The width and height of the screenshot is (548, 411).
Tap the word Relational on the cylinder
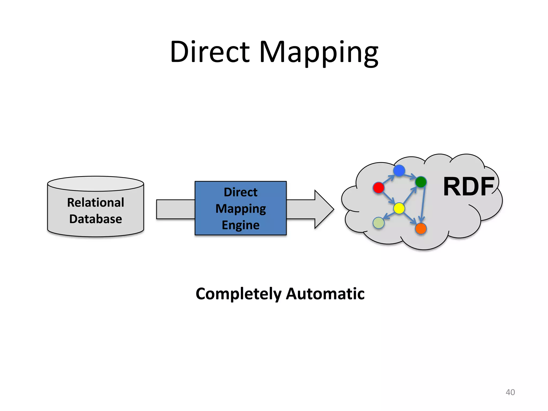96,203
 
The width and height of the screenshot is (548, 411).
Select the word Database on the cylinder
96,219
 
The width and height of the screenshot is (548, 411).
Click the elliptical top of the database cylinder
96,184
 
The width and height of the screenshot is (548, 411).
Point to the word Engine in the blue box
241,225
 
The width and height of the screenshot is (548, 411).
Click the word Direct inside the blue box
241,192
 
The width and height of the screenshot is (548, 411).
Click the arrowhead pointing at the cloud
324,209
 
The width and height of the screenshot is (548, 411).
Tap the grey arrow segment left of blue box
175,209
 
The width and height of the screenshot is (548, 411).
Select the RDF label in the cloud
469,187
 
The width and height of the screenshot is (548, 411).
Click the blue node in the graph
399,171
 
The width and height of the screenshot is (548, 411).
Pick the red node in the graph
378,188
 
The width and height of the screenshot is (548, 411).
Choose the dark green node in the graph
421,182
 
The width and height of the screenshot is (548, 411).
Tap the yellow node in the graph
399,208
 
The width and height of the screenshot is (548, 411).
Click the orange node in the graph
421,229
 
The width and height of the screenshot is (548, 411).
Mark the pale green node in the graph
378,223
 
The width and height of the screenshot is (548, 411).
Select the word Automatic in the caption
325,294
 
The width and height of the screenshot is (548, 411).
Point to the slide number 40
510,392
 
